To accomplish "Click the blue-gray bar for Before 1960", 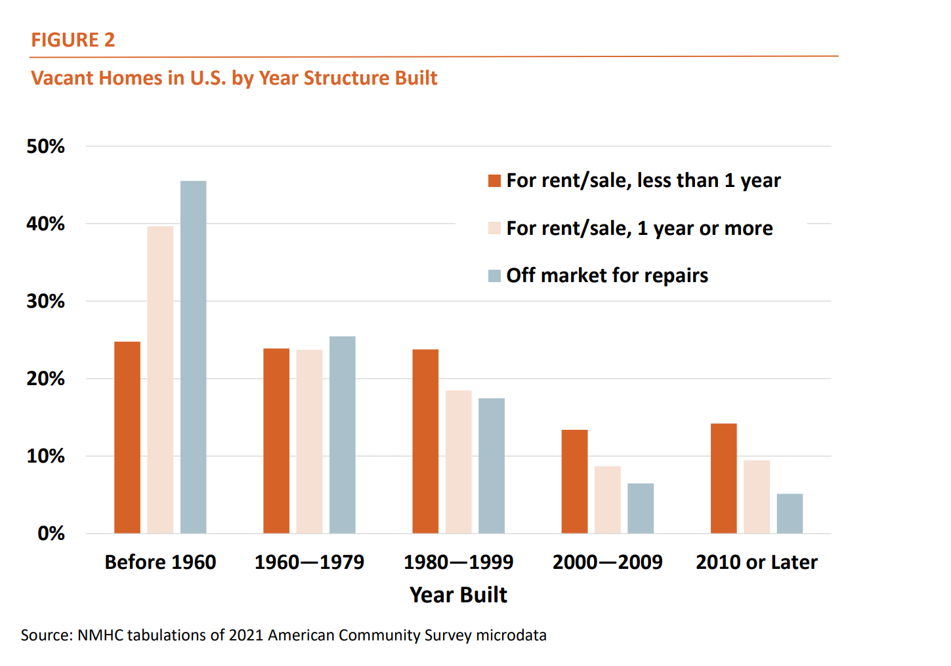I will point(193,357).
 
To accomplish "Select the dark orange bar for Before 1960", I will point(127,437).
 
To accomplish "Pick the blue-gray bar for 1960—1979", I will point(342,434).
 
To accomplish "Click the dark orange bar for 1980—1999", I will point(425,441).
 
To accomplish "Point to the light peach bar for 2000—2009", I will point(607,499).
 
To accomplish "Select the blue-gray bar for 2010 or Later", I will point(790,513).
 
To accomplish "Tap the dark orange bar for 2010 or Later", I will point(723,478).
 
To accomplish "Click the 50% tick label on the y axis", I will point(45,146).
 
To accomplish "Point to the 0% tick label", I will point(51,533).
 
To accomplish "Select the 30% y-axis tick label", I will point(45,301).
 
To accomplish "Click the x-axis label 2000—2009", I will point(607,562).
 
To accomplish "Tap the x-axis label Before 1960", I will point(160,562).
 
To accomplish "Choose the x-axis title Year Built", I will point(458,594).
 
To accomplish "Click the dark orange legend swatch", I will point(494,181).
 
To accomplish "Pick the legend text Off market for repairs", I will point(607,276).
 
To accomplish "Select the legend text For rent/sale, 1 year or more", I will point(639,228).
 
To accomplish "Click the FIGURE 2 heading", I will point(73,40).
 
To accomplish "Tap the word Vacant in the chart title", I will point(63,78).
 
